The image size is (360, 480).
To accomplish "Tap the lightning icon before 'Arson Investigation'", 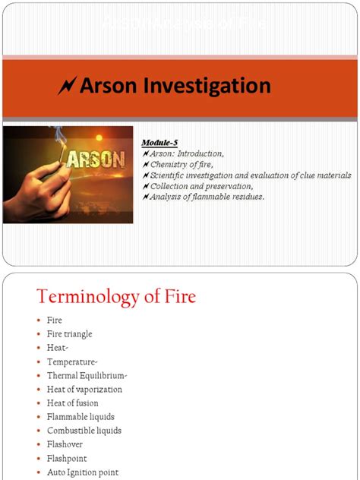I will [65, 87].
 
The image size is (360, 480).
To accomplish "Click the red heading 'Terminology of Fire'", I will [116, 296].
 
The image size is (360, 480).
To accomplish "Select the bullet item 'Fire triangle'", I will [69, 334].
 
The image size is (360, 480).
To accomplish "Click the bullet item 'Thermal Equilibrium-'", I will [87, 375].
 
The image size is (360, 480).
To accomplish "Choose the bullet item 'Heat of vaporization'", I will [84, 390].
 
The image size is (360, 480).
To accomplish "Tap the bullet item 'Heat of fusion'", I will [72, 403].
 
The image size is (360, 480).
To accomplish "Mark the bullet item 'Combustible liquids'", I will [84, 431].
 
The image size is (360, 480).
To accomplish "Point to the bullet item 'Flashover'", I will [65, 444].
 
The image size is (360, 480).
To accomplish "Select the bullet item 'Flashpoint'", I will [67, 459].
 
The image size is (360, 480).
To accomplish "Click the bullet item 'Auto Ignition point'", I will [83, 472].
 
